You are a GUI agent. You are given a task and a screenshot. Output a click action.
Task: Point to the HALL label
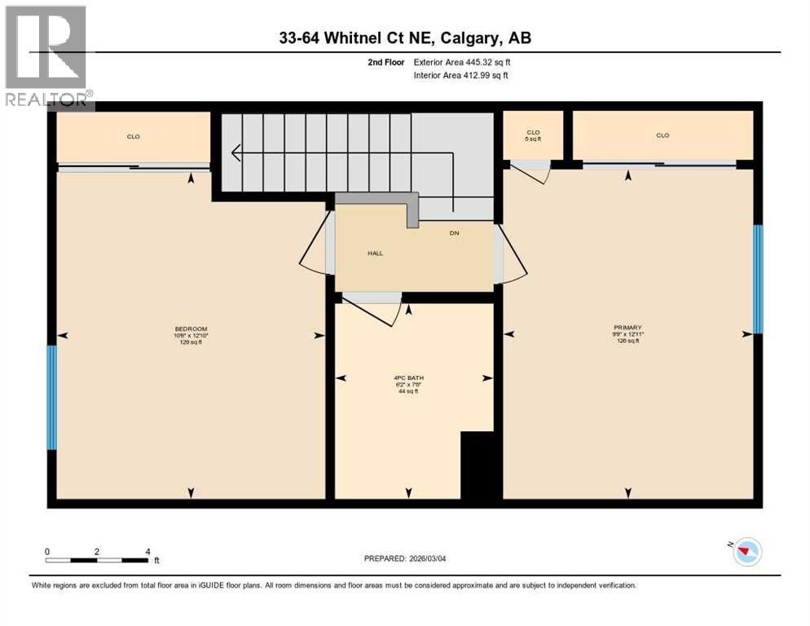[x=374, y=253]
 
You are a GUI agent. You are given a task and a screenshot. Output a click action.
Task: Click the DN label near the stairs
[x=455, y=233]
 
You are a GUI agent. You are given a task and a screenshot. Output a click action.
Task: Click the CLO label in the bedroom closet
[x=134, y=136]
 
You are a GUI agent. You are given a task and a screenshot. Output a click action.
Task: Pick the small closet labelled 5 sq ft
[x=533, y=135]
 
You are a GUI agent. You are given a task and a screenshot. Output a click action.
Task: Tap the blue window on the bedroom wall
[x=52, y=397]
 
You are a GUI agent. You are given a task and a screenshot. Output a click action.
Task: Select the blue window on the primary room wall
[x=757, y=279]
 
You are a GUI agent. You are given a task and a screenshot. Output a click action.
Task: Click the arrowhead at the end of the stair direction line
[x=236, y=152]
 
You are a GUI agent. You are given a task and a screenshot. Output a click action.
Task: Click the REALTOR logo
[x=46, y=57]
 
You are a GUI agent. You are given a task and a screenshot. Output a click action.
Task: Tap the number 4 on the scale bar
[x=147, y=551]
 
